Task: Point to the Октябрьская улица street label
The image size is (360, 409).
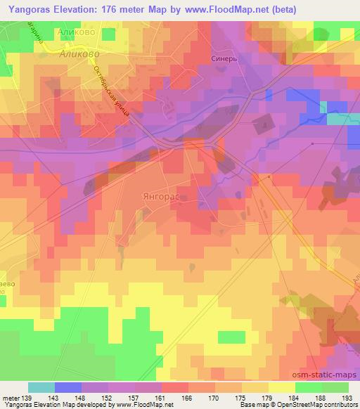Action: point(110,89)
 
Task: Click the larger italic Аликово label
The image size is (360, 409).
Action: point(79,53)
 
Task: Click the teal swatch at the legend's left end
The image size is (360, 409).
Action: point(41,387)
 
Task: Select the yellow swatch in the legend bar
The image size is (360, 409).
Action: point(281,387)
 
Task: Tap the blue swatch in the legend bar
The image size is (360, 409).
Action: point(68,387)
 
